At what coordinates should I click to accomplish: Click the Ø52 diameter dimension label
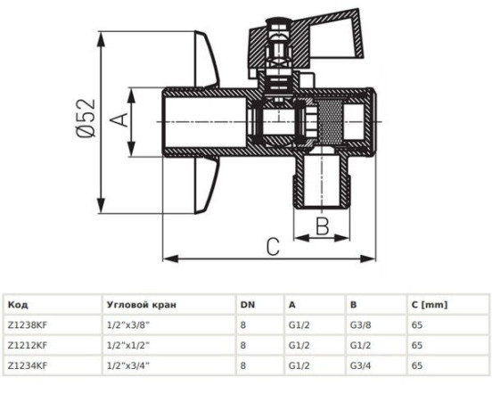(86, 118)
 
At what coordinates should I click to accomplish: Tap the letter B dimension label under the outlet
(322, 226)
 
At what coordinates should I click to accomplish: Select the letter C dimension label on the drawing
(273, 247)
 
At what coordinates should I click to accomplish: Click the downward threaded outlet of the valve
(321, 181)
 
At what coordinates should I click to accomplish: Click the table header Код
(18, 305)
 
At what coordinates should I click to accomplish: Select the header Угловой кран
(142, 305)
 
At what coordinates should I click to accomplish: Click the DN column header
(248, 305)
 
